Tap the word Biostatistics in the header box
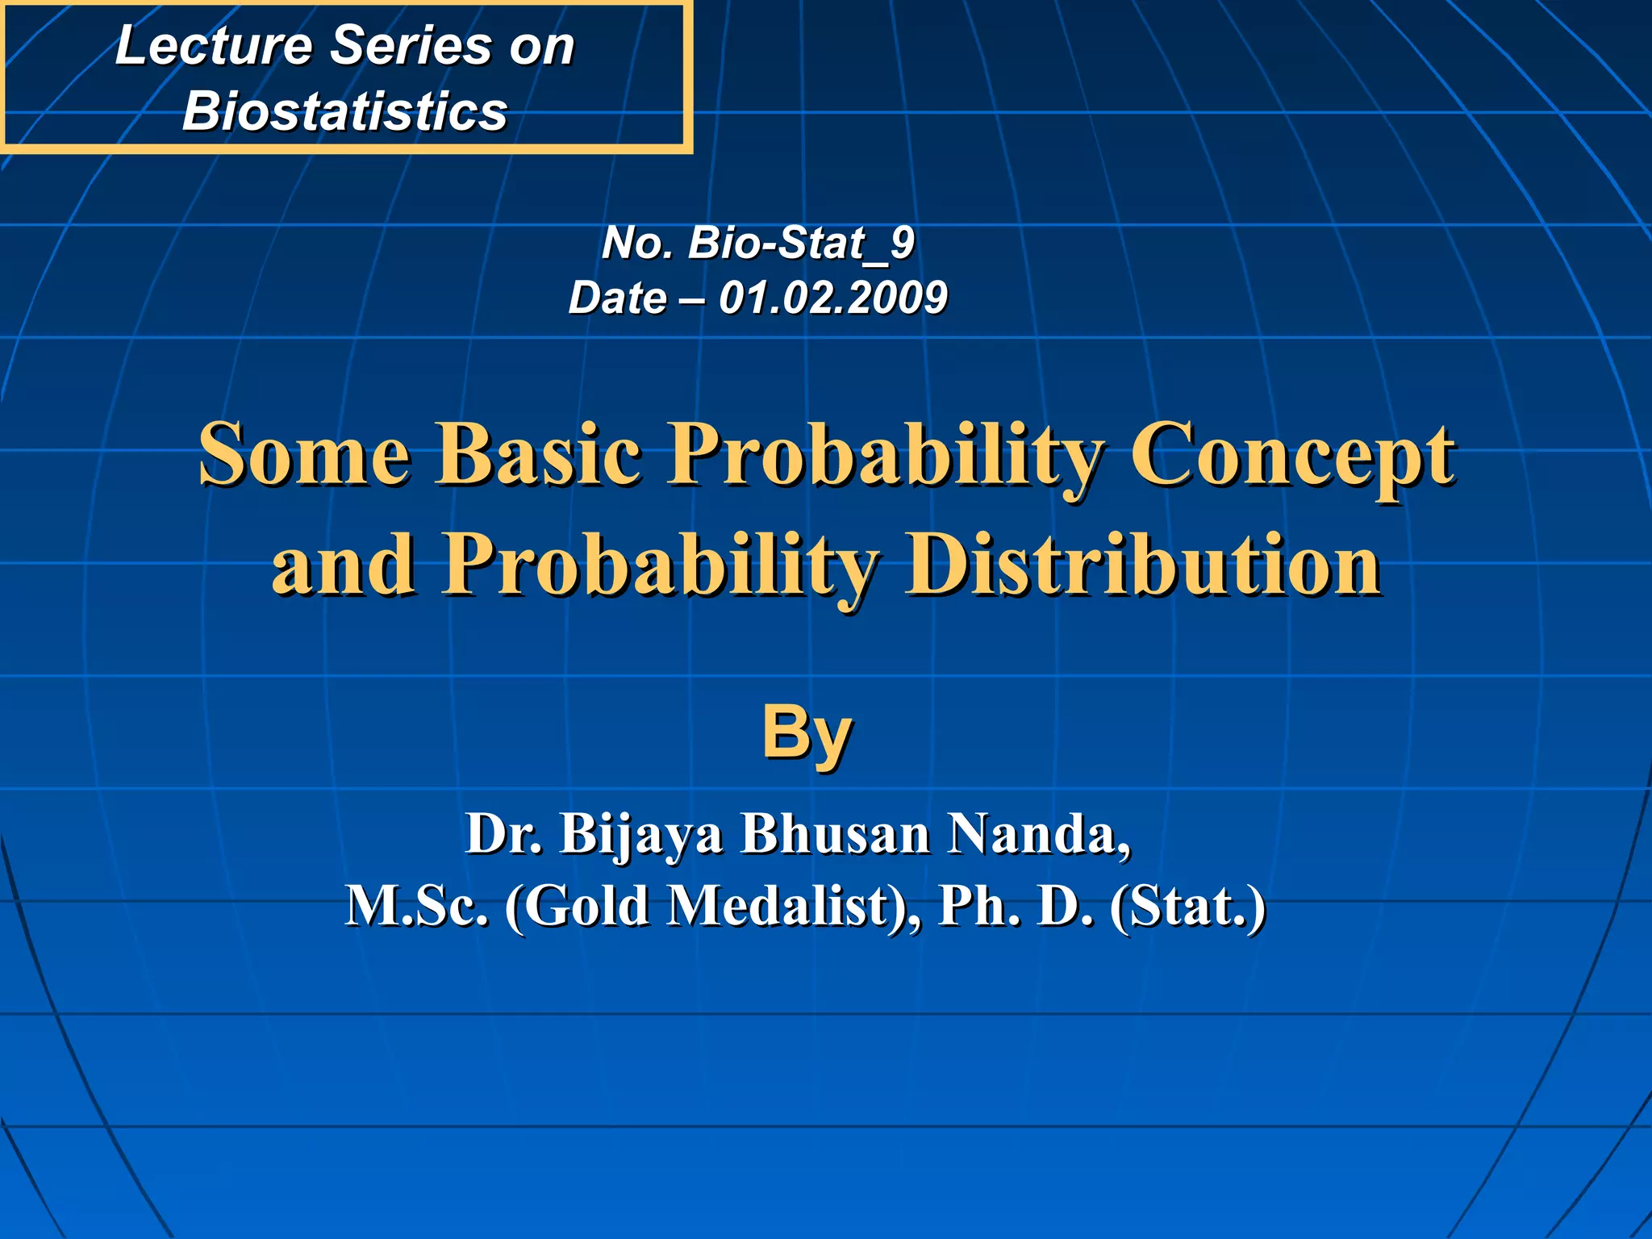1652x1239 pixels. point(344,111)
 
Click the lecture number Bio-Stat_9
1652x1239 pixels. point(800,243)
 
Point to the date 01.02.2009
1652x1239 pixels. point(832,298)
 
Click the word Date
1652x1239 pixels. point(617,298)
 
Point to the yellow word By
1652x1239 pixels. point(807,732)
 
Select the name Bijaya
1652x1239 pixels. point(641,836)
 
